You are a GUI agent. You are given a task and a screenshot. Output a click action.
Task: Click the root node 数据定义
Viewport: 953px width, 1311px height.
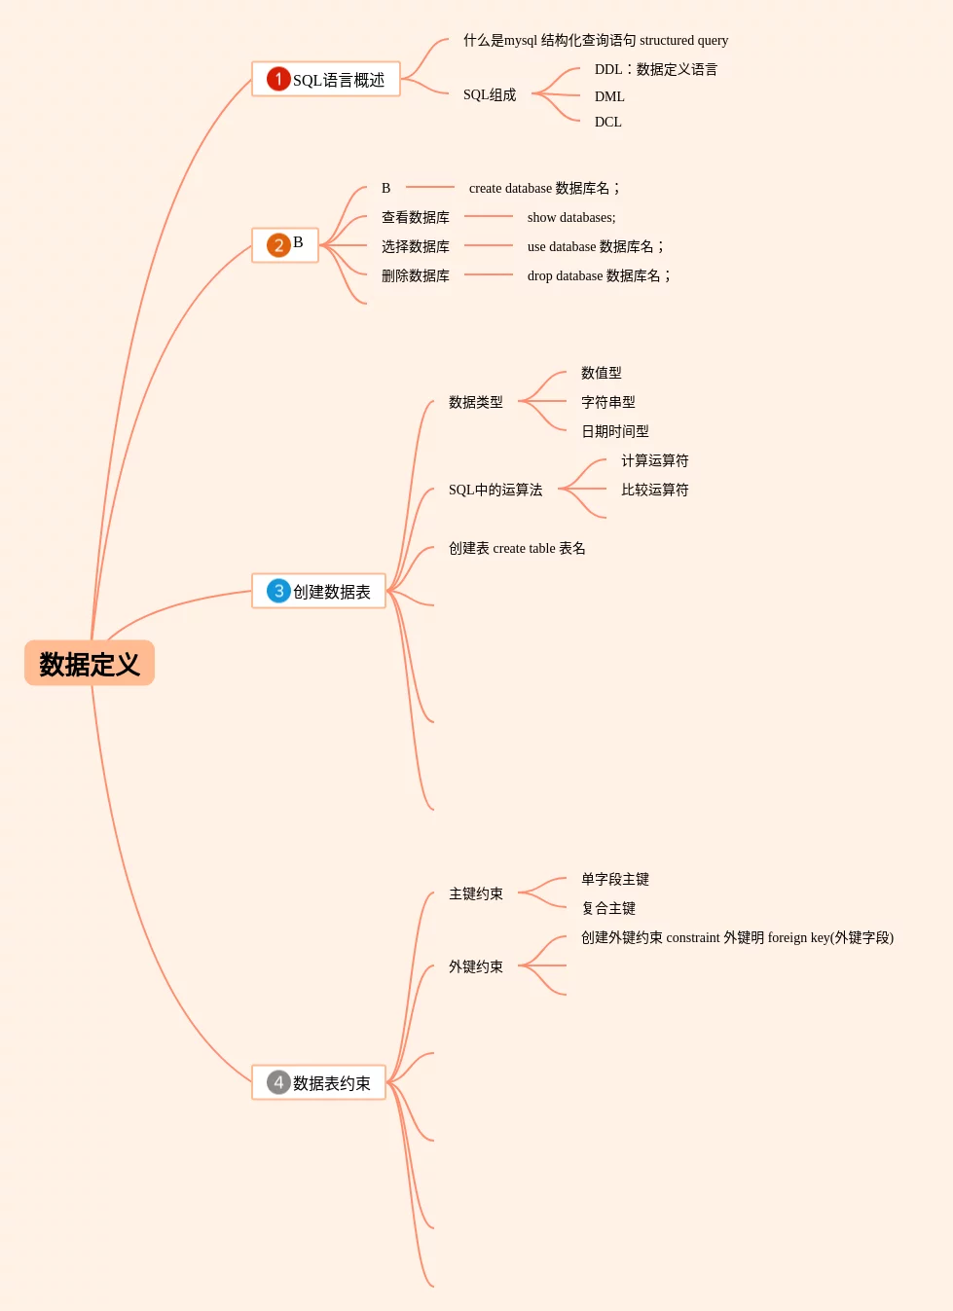coord(90,664)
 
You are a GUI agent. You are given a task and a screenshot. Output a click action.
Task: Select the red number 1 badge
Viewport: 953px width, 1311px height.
coord(278,79)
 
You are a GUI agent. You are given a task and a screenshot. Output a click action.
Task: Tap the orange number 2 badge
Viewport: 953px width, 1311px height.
coord(278,244)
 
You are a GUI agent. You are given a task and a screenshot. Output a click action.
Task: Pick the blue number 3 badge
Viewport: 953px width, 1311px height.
coord(278,591)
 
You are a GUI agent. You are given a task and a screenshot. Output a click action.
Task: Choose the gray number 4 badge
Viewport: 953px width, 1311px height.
coord(278,1082)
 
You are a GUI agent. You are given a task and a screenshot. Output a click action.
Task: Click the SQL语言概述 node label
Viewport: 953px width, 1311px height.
coord(339,80)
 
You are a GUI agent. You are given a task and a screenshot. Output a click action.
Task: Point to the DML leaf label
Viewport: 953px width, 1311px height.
coord(609,96)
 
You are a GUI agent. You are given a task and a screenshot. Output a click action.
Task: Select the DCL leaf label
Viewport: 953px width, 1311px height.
coord(607,122)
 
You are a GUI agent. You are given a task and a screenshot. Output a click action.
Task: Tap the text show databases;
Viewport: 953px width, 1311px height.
coord(571,217)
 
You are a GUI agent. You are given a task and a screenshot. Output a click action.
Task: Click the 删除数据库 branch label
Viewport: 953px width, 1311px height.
coord(416,275)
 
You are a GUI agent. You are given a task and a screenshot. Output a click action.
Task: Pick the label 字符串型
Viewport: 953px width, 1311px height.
coord(608,402)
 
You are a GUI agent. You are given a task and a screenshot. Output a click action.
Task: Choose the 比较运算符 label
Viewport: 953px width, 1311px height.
coord(655,490)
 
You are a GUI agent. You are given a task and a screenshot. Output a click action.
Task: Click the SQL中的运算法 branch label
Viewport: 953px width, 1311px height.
coord(495,490)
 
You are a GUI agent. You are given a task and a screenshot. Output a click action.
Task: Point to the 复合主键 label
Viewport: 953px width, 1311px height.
coord(608,908)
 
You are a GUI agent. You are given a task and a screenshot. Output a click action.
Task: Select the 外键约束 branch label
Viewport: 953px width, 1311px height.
coord(476,966)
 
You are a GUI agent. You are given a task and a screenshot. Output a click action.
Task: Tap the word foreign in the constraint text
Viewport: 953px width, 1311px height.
coord(788,937)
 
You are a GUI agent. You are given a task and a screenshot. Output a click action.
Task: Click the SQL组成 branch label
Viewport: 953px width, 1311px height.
coord(490,94)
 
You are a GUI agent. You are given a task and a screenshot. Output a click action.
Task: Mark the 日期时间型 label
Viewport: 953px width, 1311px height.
coord(615,431)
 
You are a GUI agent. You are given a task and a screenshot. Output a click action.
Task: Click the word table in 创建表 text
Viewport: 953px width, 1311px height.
coord(542,548)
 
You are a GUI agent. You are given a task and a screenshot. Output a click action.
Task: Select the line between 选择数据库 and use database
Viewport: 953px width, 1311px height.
coord(489,246)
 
